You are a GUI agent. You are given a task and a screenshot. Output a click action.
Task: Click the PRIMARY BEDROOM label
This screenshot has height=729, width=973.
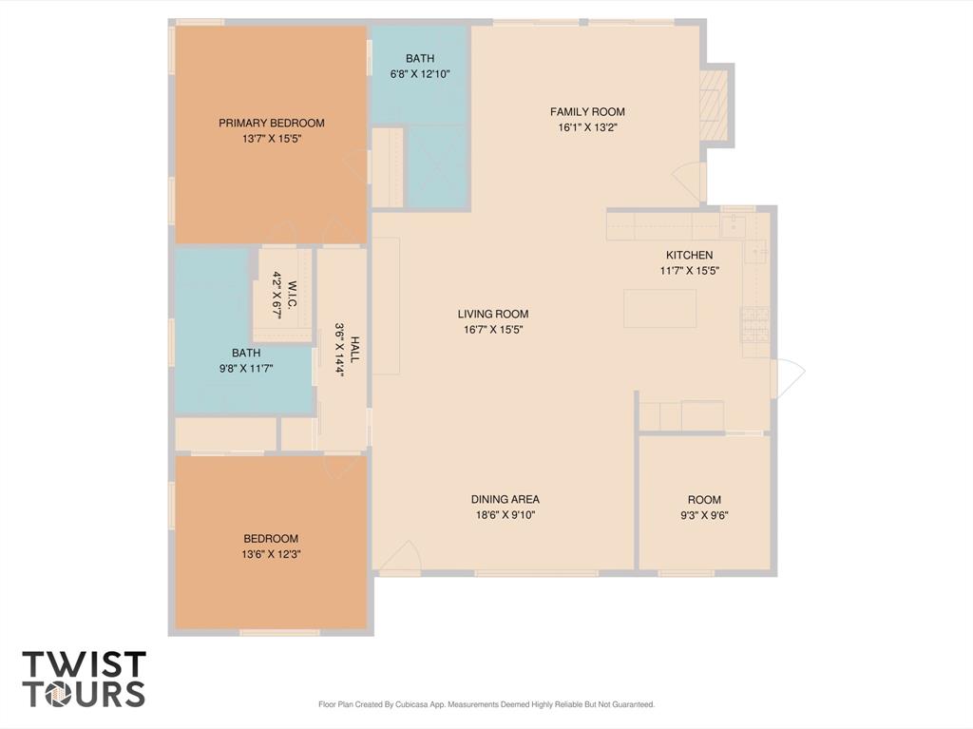[x=271, y=123]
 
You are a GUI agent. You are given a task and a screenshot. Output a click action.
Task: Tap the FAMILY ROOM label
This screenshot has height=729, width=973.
[x=587, y=112]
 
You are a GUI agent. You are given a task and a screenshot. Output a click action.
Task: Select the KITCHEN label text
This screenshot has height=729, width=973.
[x=689, y=255]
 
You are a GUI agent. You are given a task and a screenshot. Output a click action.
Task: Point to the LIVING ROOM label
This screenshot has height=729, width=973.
[x=493, y=315]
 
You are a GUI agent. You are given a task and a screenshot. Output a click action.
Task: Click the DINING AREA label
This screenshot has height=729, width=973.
[x=506, y=499]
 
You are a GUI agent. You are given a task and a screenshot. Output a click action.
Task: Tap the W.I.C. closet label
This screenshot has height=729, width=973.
[x=293, y=295]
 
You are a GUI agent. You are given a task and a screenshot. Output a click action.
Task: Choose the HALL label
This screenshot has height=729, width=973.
[x=354, y=350]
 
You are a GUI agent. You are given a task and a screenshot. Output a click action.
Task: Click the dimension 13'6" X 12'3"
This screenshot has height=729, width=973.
[x=271, y=554]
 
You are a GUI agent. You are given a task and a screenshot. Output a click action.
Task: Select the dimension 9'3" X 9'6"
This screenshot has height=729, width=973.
[x=704, y=515]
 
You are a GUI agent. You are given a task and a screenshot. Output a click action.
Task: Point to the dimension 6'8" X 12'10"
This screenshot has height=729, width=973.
[x=419, y=74]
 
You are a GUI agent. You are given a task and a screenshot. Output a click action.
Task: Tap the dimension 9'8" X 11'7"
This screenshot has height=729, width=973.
[x=246, y=368]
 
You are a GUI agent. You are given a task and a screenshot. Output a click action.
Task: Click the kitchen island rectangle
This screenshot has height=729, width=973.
[x=660, y=308]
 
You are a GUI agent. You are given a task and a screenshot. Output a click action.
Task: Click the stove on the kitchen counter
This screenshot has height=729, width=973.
[x=755, y=325]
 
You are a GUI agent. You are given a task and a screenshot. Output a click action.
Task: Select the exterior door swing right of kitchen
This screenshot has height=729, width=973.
[x=788, y=377]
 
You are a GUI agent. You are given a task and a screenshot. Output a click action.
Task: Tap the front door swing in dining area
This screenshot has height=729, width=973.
[x=400, y=556]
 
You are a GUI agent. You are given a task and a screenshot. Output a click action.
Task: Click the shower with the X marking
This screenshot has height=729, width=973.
[x=436, y=166]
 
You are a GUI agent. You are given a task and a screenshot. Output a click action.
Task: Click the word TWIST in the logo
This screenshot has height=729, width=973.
[x=85, y=664]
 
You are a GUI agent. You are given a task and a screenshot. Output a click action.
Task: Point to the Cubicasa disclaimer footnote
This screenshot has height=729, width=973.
[x=486, y=704]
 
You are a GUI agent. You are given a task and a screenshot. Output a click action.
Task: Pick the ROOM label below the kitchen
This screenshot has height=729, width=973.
[x=704, y=499]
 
